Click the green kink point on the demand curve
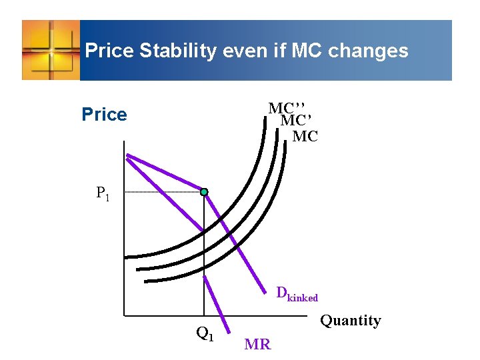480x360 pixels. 204,192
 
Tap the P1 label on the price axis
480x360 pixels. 103,193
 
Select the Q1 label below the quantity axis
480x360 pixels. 205,333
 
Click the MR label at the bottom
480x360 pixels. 257,345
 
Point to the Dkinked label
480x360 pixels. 297,293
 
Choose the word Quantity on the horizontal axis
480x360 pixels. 351,321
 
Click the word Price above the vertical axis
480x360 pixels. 104,115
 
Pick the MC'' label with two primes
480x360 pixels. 287,108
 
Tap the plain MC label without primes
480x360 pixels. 305,137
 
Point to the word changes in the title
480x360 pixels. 370,51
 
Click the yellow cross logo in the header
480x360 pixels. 51,49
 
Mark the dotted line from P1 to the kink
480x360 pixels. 163,192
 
